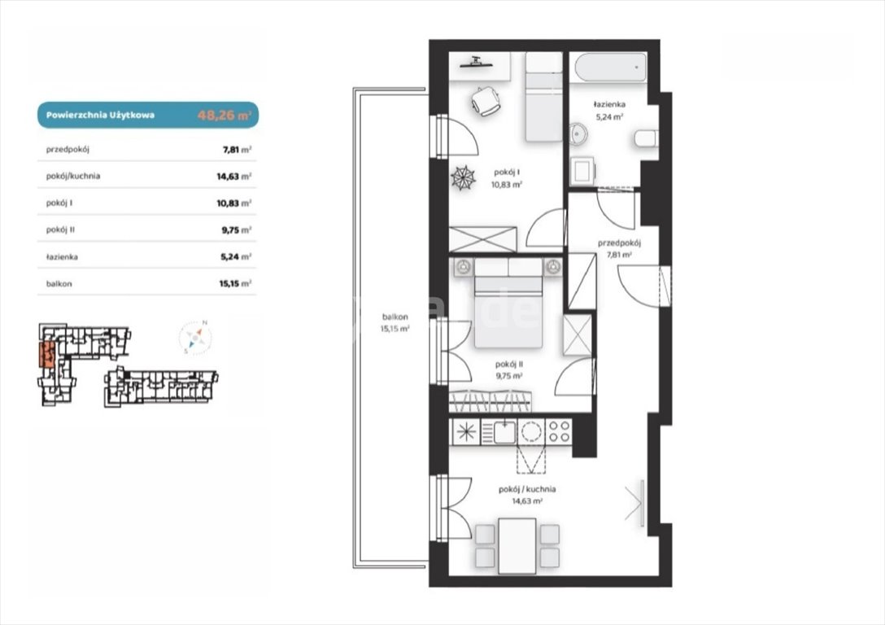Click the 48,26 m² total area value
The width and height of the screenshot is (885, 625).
(x=224, y=116)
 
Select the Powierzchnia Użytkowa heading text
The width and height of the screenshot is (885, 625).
(x=101, y=116)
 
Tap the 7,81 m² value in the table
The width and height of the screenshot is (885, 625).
(x=237, y=150)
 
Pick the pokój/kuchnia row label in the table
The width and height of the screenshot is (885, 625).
(x=73, y=176)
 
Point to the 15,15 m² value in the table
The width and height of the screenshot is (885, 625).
(x=235, y=283)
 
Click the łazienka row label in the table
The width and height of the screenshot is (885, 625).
(x=62, y=257)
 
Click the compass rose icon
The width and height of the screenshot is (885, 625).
(x=194, y=338)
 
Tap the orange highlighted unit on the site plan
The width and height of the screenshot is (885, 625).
(x=47, y=355)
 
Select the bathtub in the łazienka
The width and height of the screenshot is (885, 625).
(x=608, y=68)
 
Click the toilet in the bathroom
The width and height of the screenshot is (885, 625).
(x=647, y=139)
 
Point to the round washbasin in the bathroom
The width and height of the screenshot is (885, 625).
(x=578, y=134)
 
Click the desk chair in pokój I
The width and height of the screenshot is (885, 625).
(x=486, y=102)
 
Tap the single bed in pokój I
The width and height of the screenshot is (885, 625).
(x=543, y=97)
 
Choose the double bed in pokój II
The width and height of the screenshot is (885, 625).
(x=508, y=303)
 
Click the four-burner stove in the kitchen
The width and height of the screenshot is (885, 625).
(x=559, y=431)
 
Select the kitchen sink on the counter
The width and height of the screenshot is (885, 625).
(x=504, y=432)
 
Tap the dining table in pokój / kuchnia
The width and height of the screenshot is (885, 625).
(x=517, y=546)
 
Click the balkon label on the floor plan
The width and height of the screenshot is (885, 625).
(x=395, y=317)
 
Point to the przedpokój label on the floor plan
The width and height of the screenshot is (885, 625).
(x=619, y=243)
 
